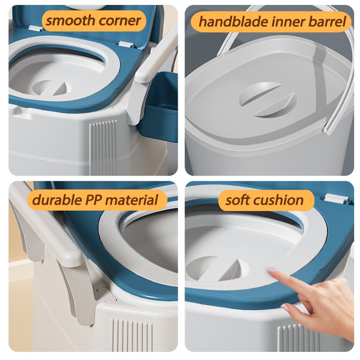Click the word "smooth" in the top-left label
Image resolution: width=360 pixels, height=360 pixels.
point(67,20)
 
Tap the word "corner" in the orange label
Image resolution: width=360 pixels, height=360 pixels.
point(119,20)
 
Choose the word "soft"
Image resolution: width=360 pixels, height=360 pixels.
point(239,199)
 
